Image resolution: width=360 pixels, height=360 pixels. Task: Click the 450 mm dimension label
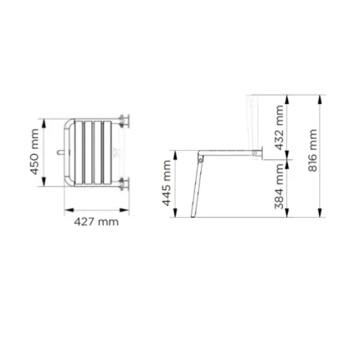pyautogui.click(x=34, y=152)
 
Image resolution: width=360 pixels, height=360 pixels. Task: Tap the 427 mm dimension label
pyautogui.click(x=96, y=222)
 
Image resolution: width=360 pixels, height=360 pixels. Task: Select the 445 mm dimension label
pyautogui.click(x=167, y=183)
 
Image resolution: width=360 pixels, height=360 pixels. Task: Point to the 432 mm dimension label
pyautogui.click(x=279, y=127)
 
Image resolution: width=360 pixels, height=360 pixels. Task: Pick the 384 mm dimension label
pyautogui.click(x=279, y=186)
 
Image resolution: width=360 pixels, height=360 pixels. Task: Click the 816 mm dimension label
pyautogui.click(x=313, y=151)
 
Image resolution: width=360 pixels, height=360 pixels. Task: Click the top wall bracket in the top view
pyautogui.click(x=124, y=121)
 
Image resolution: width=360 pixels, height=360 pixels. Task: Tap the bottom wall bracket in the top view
pyautogui.click(x=124, y=184)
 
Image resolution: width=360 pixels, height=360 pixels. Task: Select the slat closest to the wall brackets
pyautogui.click(x=107, y=152)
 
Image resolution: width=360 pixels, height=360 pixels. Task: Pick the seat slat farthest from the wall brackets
pyautogui.click(x=79, y=152)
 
